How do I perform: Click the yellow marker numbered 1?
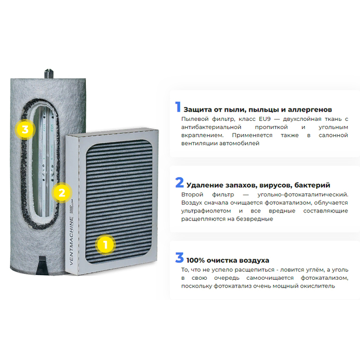[x=105, y=245]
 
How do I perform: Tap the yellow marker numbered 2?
[x=62, y=192]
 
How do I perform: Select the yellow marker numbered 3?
[x=25, y=130]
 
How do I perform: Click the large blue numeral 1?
[x=178, y=107]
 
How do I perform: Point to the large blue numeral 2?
[x=179, y=183]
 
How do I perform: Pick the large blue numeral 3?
[x=179, y=258]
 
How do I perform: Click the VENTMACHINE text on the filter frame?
[x=71, y=241]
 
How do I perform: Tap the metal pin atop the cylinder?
[x=49, y=74]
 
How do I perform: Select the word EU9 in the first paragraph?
[x=265, y=119]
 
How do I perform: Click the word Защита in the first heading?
[x=197, y=110]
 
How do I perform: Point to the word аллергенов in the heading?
[x=310, y=110]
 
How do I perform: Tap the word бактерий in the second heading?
[x=312, y=185]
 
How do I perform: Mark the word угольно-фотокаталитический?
[x=303, y=195]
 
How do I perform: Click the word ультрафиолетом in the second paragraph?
[x=206, y=211]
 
